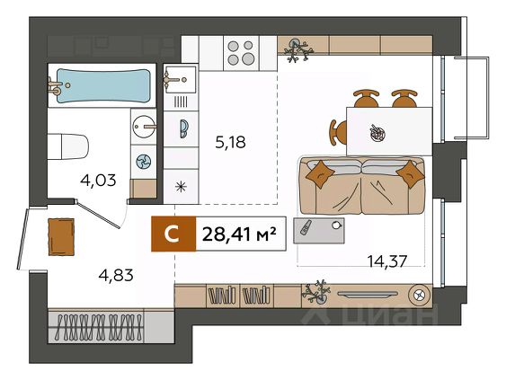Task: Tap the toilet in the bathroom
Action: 67,146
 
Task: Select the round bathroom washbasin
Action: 144,127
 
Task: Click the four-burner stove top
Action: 241,53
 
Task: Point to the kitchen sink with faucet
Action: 181,79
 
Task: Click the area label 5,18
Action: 230,142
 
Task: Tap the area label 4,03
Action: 98,180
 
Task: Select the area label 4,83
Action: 116,275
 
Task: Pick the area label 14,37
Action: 387,261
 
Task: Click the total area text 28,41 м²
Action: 239,234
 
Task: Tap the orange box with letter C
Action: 173,234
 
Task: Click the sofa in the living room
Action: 362,185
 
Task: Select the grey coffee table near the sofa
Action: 319,230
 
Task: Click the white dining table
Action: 389,131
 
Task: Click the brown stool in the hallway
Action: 61,237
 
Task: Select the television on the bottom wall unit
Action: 368,294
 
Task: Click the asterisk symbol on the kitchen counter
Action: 181,187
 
